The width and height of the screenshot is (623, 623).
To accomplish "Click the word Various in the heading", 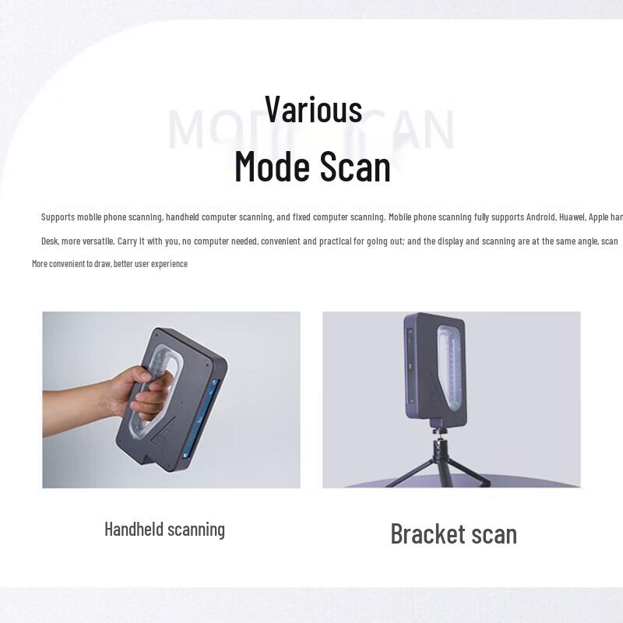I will [313, 109].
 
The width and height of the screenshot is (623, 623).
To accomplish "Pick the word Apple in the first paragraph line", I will [600, 216].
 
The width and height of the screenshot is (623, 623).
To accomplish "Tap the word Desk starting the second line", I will [50, 241].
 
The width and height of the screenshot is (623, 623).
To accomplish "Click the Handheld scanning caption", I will [164, 530].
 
